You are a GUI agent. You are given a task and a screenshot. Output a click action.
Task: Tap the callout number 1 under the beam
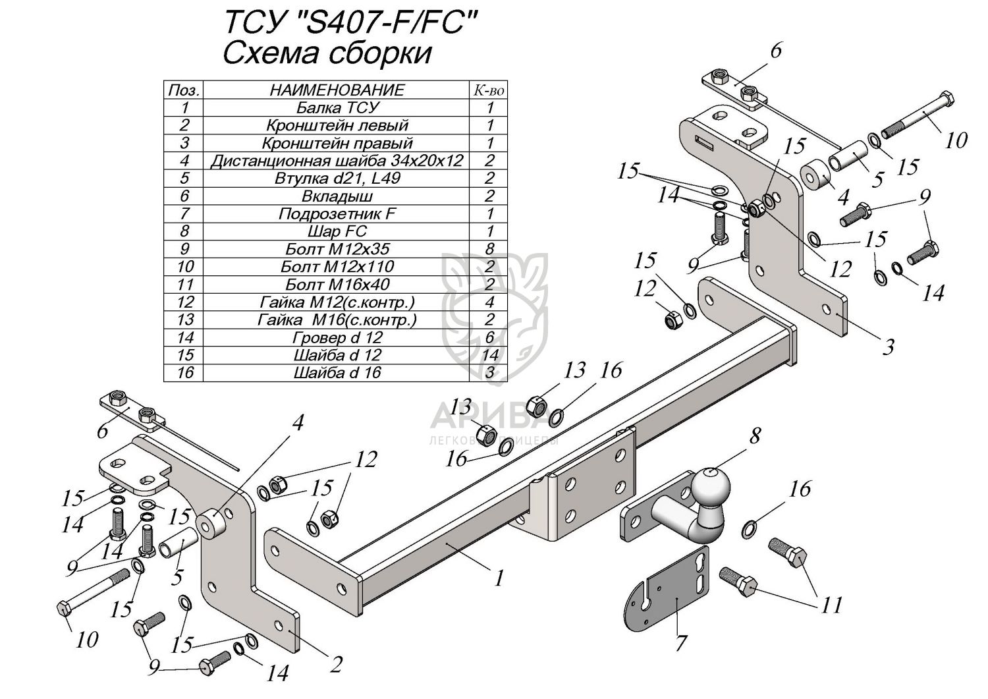coord(499,578)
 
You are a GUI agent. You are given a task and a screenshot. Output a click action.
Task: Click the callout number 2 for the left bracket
coord(335,665)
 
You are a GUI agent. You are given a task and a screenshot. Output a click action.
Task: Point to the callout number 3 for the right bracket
coord(889,345)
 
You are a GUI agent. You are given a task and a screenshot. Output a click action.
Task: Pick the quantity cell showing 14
coord(489,355)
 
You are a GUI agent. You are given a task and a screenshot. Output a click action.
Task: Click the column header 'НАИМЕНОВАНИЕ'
coord(337,90)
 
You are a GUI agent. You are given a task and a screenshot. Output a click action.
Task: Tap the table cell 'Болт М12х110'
coord(337,267)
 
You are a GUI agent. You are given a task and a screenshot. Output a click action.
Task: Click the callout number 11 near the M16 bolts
coord(832,603)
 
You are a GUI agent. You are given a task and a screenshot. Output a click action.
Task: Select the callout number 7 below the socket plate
coord(680,642)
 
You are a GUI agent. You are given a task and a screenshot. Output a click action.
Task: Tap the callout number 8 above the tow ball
coord(754,436)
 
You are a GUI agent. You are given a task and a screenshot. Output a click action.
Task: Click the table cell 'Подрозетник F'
coord(337,213)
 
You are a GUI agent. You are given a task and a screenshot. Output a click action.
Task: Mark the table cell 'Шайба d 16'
coord(337,373)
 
